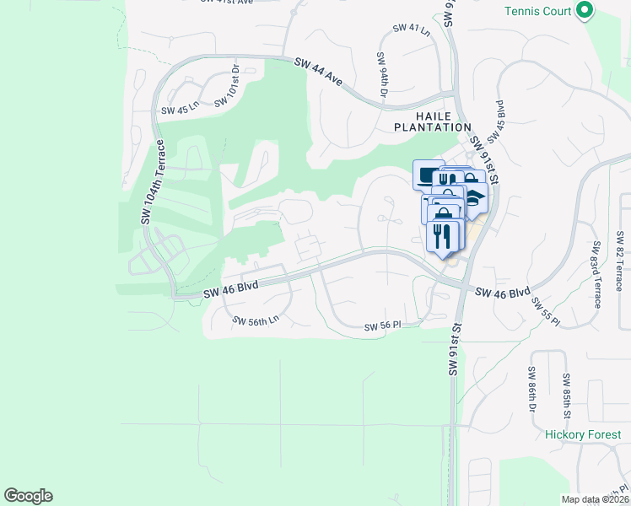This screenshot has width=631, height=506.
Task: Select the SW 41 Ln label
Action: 412,30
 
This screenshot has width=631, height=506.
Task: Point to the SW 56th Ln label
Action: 256,321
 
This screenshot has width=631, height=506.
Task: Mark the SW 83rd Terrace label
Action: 596,275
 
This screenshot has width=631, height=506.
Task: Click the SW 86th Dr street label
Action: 533,390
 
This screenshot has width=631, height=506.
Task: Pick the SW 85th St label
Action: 567,392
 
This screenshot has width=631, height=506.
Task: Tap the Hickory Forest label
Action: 583,435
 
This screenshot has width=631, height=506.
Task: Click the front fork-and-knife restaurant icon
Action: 443,235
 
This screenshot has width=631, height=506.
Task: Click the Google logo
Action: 28,496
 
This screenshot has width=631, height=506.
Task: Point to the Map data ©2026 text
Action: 596,499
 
